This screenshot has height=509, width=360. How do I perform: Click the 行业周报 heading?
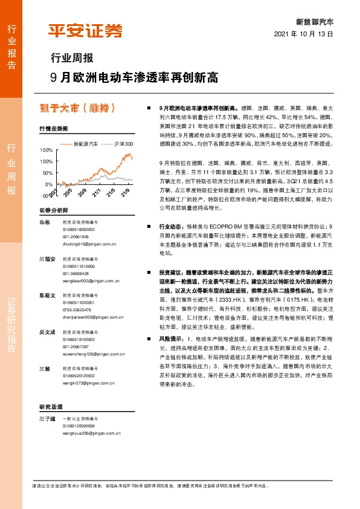pos(71,59)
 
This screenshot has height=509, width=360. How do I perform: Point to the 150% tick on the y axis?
pos(45,149)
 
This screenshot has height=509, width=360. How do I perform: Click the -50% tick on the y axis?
pos(45,196)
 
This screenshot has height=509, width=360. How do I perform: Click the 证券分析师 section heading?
pos(53,210)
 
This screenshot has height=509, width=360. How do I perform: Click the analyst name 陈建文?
pos(47,296)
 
